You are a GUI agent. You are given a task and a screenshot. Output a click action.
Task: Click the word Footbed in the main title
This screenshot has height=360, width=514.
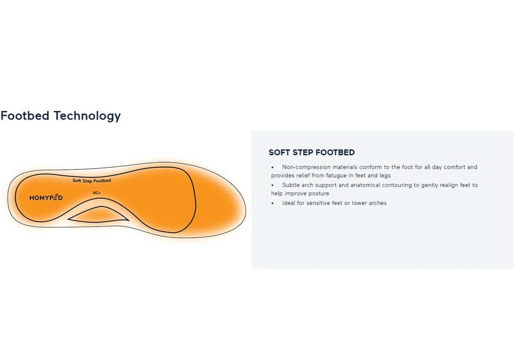25,116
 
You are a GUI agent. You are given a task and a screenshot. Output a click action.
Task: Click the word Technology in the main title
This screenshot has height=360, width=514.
87,116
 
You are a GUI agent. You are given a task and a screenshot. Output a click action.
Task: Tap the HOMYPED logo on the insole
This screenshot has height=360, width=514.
46,197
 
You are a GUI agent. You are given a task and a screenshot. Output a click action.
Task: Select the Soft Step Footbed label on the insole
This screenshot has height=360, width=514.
91,180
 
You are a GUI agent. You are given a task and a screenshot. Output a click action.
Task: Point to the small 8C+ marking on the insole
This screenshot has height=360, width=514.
97,193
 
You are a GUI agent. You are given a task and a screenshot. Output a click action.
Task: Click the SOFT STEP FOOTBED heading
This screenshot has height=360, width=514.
311,152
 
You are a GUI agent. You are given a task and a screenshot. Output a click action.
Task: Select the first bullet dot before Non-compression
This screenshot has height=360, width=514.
272,167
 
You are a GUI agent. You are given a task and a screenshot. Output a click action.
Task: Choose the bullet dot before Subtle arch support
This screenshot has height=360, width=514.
272,185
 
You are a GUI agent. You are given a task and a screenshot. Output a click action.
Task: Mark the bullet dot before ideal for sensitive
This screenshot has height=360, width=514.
272,203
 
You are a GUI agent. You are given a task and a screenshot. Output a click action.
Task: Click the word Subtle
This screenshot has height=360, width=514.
291,185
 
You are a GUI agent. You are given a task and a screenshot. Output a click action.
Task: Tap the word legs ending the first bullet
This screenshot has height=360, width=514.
385,176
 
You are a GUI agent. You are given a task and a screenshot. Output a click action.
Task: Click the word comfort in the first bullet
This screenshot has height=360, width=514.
454,167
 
